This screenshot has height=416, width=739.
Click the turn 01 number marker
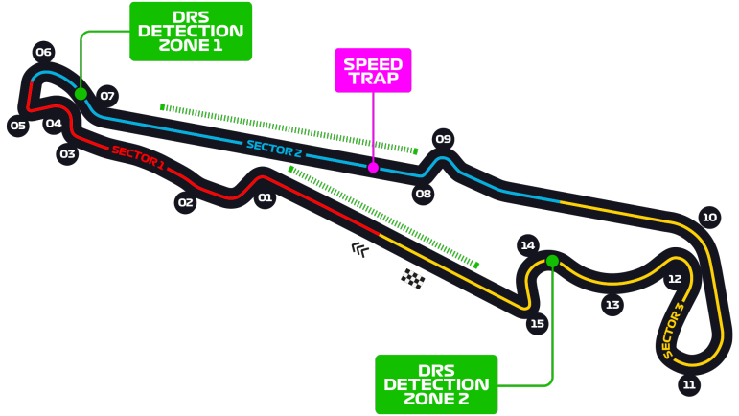coord(265,198)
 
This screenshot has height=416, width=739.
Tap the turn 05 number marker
coord(17,126)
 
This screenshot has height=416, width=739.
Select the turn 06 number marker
coord(43,52)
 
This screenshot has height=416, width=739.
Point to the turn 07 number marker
coord(107,95)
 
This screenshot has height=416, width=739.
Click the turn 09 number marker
coord(443,139)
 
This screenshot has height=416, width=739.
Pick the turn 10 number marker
coord(709,217)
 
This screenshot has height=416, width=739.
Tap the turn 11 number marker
coord(688,385)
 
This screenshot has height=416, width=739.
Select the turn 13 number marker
coord(612,305)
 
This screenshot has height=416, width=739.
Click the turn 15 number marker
coord(538,323)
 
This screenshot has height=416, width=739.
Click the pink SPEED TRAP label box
coord(373,71)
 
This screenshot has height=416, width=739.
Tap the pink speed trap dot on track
coord(373,168)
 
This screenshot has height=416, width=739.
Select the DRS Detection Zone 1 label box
coord(191,31)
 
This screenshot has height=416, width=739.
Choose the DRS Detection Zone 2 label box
coord(436,383)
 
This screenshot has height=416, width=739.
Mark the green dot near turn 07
coord(81,94)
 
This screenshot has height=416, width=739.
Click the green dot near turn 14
coord(552,261)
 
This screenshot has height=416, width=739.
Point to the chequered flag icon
coord(413,279)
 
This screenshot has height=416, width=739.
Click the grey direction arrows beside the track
coord(359,249)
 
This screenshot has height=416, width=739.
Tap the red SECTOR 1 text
coord(138,158)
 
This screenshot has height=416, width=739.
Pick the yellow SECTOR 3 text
coord(673,331)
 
